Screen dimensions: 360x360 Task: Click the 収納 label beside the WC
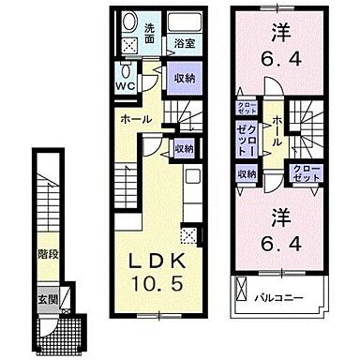tap(185, 79)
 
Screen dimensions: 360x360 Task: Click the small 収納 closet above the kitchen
tap(184, 148)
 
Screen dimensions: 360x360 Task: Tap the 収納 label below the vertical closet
tap(246, 173)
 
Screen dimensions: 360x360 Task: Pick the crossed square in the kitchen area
tap(190, 234)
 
